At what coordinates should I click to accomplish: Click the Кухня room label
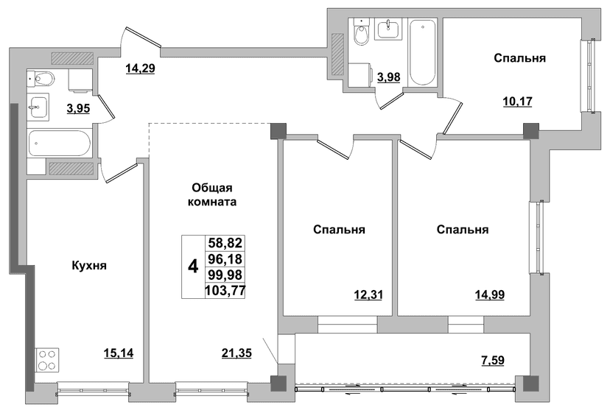[x=89, y=266]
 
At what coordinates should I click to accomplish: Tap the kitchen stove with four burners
[x=47, y=360]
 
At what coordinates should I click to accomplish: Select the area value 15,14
[x=119, y=353]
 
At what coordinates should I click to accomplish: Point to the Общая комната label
[x=212, y=195]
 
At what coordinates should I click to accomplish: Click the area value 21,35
[x=236, y=353]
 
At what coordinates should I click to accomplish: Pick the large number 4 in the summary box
[x=193, y=266]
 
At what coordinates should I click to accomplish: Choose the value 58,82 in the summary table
[x=225, y=243]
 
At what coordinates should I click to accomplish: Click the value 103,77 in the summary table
[x=225, y=290]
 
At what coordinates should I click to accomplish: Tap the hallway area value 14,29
[x=140, y=68]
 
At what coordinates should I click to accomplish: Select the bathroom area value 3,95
[x=78, y=108]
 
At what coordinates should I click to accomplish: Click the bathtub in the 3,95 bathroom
[x=60, y=143]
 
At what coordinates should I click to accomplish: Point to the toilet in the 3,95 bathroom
[x=41, y=79]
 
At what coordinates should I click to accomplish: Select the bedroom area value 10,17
[x=518, y=102]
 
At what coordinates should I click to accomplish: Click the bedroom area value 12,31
[x=368, y=295]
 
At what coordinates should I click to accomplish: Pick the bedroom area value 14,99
[x=490, y=295]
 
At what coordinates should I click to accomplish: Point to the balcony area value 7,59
[x=493, y=361]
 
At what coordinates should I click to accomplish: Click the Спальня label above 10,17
[x=519, y=58]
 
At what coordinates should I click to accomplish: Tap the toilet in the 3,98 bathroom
[x=362, y=32]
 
